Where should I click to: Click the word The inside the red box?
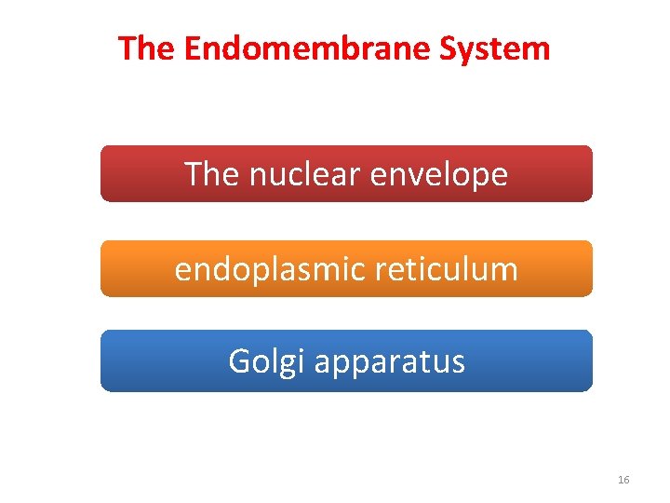point(211,174)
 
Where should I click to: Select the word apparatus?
point(390,361)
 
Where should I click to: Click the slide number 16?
point(623,480)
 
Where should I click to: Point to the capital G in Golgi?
point(239,361)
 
